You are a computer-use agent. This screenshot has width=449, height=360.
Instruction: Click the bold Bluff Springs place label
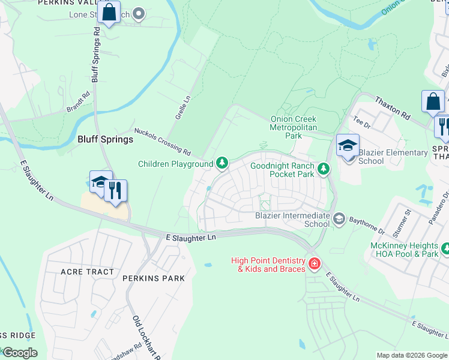click(105, 139)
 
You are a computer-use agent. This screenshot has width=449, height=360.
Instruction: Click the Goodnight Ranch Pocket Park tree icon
click(324, 169)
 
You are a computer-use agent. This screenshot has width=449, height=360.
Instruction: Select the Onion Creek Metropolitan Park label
click(294, 127)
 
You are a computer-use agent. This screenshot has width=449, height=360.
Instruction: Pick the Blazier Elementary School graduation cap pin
click(348, 146)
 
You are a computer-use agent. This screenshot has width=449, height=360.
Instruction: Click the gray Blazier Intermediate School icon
click(339, 219)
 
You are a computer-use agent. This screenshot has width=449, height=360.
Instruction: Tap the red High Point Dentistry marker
click(313, 263)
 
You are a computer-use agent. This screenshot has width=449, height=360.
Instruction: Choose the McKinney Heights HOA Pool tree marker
click(445, 248)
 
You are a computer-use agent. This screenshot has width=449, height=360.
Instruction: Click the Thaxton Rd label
click(393, 107)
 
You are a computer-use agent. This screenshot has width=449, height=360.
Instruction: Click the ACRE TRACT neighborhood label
click(87, 272)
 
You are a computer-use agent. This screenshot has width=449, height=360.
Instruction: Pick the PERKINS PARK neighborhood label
click(153, 278)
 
